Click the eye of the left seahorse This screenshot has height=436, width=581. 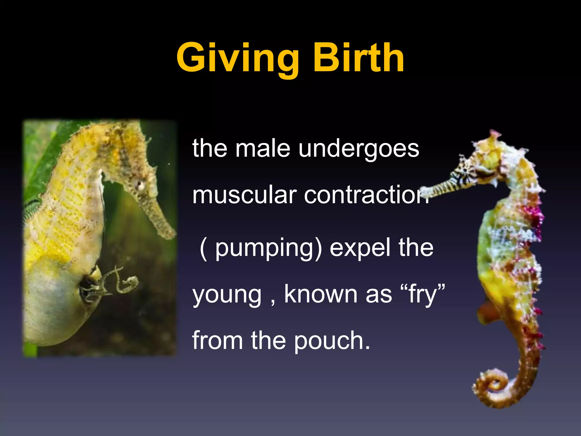[x=140, y=185]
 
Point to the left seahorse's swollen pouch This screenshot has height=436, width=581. [x=57, y=307]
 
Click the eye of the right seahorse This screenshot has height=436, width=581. [x=466, y=171]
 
